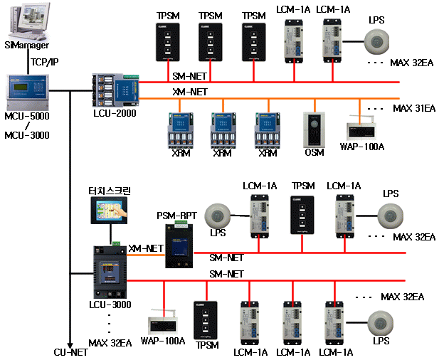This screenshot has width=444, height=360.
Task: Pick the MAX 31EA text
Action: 413,108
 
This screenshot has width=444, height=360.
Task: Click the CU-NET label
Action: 70,351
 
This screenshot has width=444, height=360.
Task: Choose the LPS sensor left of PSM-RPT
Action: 218,216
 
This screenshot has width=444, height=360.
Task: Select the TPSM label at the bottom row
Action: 206,344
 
